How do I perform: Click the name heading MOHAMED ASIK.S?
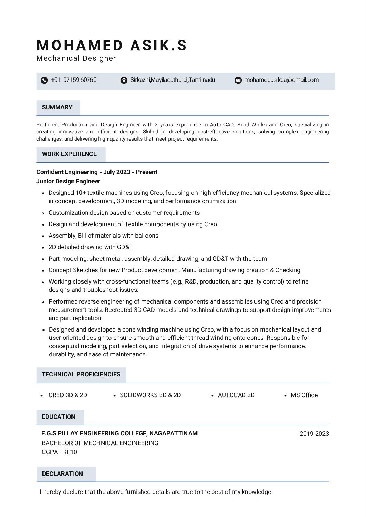tap(112, 46)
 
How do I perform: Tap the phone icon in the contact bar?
tap(44, 80)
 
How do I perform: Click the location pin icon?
tap(124, 80)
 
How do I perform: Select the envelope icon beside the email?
tap(238, 80)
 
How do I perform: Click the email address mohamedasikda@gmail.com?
tap(281, 80)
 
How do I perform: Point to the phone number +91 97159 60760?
tap(74, 80)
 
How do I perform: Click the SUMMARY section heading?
tap(57, 107)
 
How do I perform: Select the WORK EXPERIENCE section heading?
tap(69, 154)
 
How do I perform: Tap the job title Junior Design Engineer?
tap(68, 181)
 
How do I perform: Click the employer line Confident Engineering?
tap(97, 172)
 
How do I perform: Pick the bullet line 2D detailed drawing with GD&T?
tap(90, 247)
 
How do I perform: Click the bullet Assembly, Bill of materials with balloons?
tap(104, 236)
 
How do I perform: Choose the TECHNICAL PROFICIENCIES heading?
tap(81, 374)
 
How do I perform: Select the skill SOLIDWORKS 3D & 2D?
tap(150, 395)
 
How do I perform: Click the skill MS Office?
tap(304, 395)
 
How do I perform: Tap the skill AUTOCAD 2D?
tap(236, 395)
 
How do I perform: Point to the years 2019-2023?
tap(314, 434)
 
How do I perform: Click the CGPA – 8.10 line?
tap(59, 452)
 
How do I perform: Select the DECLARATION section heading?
tap(62, 474)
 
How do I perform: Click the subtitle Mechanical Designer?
tap(76, 58)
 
